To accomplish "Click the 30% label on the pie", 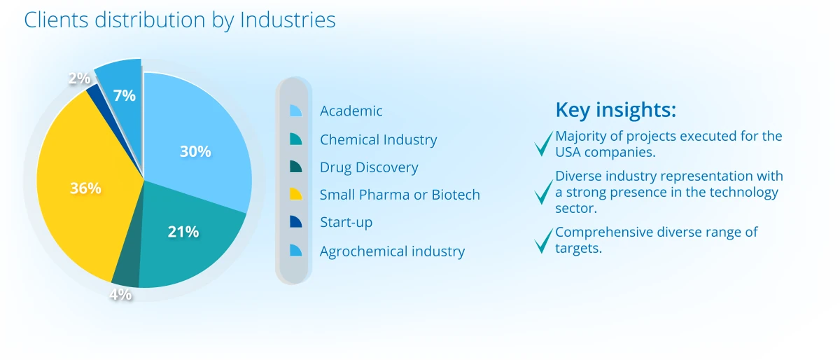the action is [195, 151].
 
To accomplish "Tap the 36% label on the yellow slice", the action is [85, 188].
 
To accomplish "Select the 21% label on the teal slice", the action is [183, 232].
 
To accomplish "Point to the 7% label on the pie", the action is [124, 95].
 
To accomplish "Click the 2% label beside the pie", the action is [80, 78].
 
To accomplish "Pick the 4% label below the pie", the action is [120, 294].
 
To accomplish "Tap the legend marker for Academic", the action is [295, 111].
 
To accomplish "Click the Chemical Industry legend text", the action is [379, 139].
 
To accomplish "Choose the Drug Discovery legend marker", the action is [295, 167].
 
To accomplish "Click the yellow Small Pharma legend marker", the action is [295, 194].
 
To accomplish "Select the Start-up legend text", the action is [346, 222].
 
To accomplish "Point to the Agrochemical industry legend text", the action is [392, 251].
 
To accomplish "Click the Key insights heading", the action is [616, 110].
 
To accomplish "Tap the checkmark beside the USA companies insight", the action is [543, 144].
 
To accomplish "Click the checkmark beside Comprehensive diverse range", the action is [543, 241].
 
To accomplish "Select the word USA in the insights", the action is [568, 152].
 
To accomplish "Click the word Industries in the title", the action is [288, 20].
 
